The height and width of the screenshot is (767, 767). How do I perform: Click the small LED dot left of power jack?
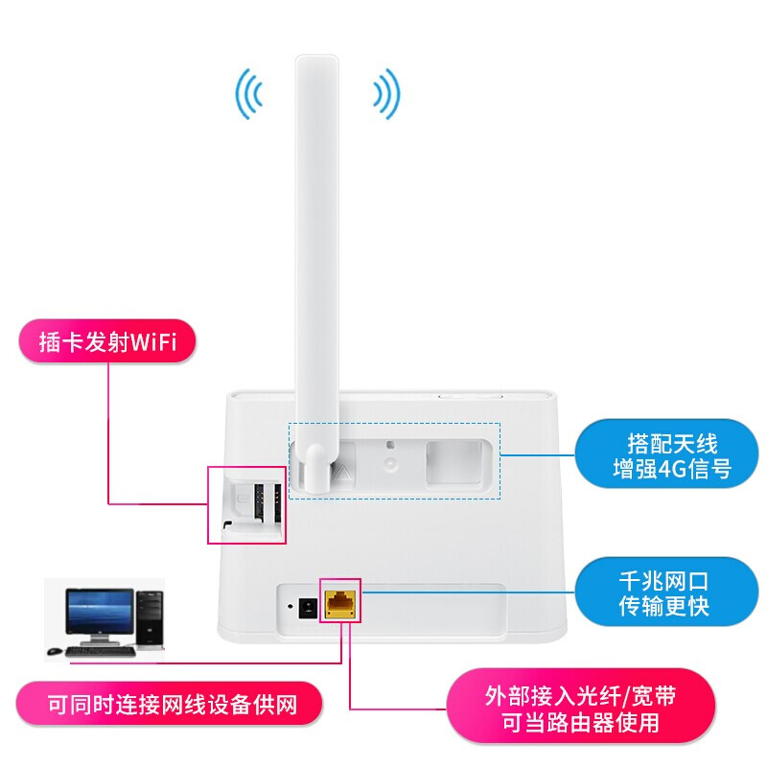click(x=290, y=607)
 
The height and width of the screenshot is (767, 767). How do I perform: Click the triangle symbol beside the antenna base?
click(x=343, y=471)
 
